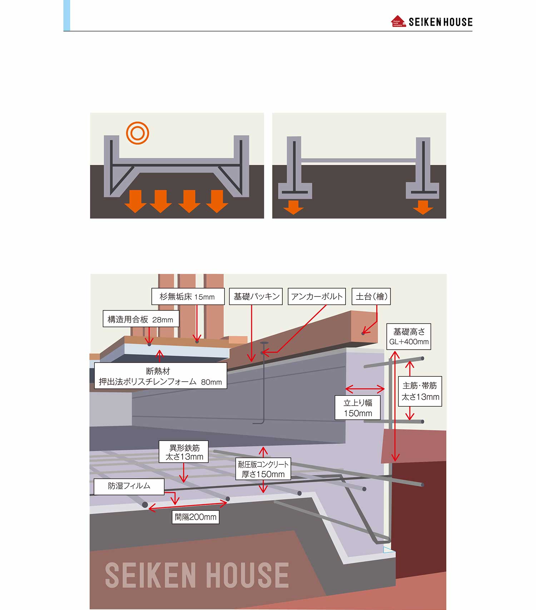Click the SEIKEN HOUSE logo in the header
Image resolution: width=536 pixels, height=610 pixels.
pyautogui.click(x=432, y=22)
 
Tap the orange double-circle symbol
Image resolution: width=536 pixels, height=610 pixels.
pyautogui.click(x=138, y=133)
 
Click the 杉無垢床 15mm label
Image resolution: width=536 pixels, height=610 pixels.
pyautogui.click(x=188, y=297)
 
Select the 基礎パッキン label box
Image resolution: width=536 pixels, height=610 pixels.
pyautogui.click(x=256, y=297)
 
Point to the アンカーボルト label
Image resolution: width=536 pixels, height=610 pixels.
pyautogui.click(x=317, y=297)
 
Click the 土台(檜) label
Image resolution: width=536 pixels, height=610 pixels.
pyautogui.click(x=371, y=297)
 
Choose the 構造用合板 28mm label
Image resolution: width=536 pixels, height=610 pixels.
pyautogui.click(x=141, y=319)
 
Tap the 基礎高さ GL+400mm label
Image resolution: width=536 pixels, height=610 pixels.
pyautogui.click(x=409, y=337)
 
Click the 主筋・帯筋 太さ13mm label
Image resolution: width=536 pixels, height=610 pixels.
pyautogui.click(x=420, y=391)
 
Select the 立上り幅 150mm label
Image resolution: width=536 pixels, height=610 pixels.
pyautogui.click(x=358, y=408)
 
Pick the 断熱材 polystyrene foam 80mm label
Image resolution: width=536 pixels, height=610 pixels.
pyautogui.click(x=160, y=376)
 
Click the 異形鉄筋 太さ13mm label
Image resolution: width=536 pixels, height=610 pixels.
pyautogui.click(x=184, y=452)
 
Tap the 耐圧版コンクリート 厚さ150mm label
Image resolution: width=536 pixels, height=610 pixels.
pyautogui.click(x=263, y=469)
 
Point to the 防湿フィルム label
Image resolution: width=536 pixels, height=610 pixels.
pyautogui.click(x=129, y=486)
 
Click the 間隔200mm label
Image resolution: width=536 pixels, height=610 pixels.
pyautogui.click(x=195, y=517)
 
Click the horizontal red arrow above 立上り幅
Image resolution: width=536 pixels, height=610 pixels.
pyautogui.click(x=365, y=389)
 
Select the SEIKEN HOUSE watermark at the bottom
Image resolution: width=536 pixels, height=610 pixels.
pyautogui.click(x=197, y=575)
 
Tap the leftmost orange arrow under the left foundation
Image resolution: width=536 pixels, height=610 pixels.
pyautogui.click(x=135, y=201)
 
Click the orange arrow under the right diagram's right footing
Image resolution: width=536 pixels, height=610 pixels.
pyautogui.click(x=423, y=207)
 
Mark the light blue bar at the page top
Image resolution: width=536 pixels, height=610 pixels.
pyautogui.click(x=67, y=15)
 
